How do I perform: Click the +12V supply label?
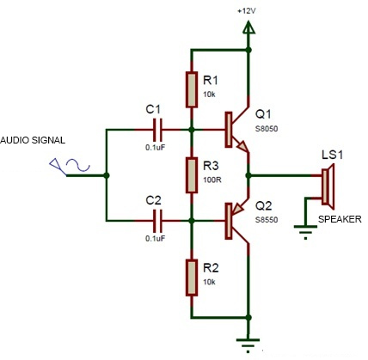(247, 11)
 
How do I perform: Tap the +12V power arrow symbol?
(248, 27)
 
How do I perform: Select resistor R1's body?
(192, 89)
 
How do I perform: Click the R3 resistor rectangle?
(192, 175)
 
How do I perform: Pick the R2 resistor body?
(192, 278)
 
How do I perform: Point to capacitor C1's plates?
(157, 130)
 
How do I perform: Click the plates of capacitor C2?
(157, 221)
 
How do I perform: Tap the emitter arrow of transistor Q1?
(242, 146)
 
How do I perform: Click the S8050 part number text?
(267, 129)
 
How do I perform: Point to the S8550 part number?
(267, 220)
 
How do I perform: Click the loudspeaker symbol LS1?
(328, 186)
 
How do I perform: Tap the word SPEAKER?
(340, 219)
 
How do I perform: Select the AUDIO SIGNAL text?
(33, 140)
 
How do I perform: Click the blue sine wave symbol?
(78, 165)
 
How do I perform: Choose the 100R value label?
(212, 180)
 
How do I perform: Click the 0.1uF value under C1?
(156, 148)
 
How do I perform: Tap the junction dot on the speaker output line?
(248, 175)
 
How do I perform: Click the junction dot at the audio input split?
(107, 175)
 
